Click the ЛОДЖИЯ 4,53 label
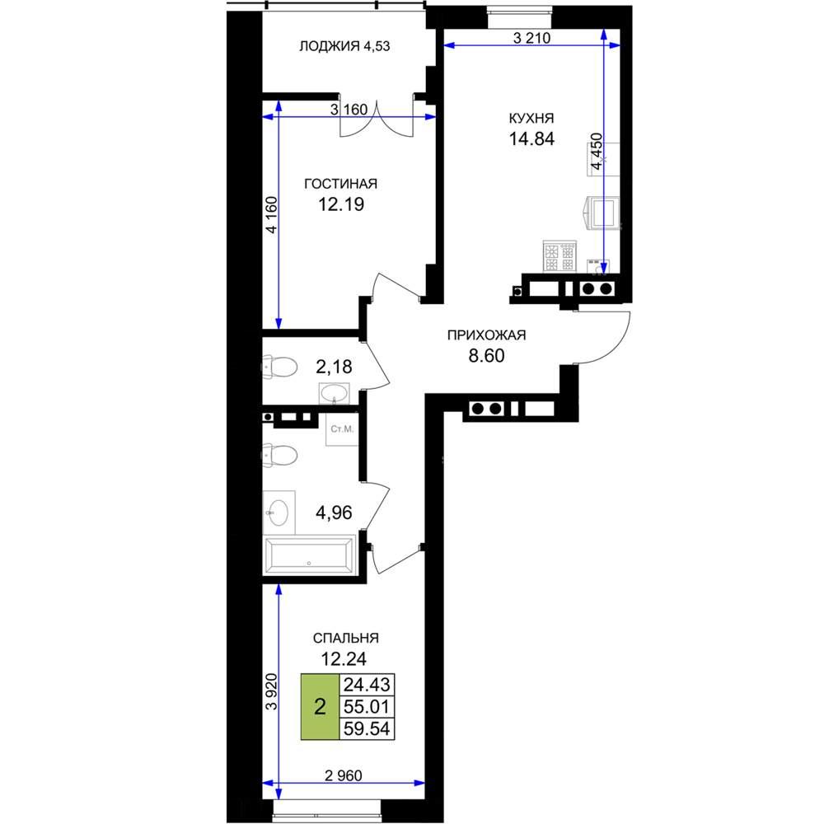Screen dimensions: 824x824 (344, 46)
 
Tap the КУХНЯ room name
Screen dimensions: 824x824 (531, 118)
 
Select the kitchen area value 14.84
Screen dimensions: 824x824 (531, 138)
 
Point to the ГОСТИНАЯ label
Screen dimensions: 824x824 (340, 184)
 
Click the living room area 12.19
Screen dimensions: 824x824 (341, 204)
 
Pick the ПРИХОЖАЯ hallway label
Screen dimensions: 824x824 (486, 335)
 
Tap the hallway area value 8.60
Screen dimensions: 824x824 (486, 356)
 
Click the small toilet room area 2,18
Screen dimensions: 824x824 (334, 367)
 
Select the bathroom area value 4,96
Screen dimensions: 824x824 (334, 512)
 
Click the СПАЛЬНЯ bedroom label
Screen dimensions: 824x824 (345, 638)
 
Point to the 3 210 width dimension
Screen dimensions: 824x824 (531, 38)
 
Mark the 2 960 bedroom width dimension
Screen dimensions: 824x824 (343, 775)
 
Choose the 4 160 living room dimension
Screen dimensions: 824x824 (271, 215)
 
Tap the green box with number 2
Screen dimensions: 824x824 (320, 707)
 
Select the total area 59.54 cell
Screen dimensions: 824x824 (367, 729)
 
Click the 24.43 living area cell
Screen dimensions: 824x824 (367, 685)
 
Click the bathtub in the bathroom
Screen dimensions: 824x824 (310, 555)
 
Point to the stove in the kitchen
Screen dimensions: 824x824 (559, 256)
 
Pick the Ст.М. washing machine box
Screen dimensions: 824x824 (342, 428)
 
